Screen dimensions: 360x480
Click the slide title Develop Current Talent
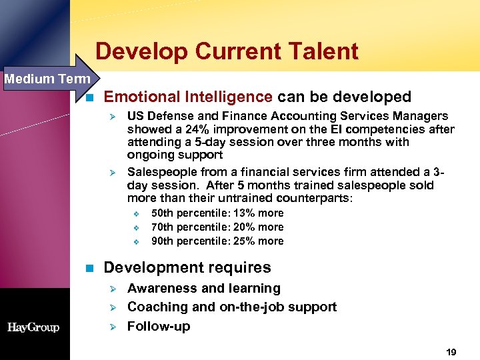(x=227, y=51)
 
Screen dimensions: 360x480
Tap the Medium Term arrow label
(x=47, y=79)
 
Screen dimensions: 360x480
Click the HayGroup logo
(x=33, y=327)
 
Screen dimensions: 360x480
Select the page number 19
(x=451, y=351)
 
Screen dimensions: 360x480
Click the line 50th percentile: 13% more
(x=217, y=213)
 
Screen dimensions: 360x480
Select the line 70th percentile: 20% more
(x=217, y=227)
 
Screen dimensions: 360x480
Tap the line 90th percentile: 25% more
(x=217, y=241)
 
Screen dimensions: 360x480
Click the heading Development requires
(x=187, y=268)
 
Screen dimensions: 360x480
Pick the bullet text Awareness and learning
(x=203, y=289)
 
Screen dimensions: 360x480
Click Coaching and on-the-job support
(x=231, y=307)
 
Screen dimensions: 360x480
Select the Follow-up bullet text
(x=158, y=327)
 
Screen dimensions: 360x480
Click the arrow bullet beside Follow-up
(x=113, y=327)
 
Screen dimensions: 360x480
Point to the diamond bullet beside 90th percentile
(x=135, y=242)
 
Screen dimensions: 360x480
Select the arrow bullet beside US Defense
(x=113, y=117)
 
